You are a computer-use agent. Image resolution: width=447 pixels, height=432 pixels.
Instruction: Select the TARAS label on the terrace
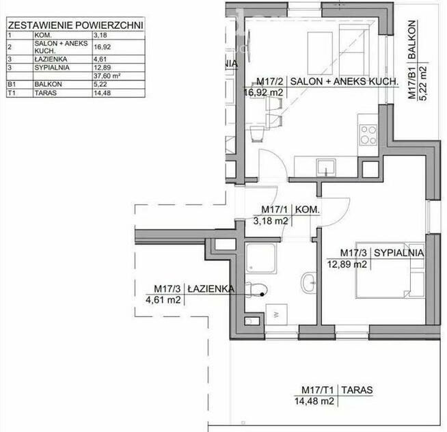tap(358, 391)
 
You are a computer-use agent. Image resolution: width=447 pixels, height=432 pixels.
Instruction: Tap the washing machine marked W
tap(275, 314)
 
